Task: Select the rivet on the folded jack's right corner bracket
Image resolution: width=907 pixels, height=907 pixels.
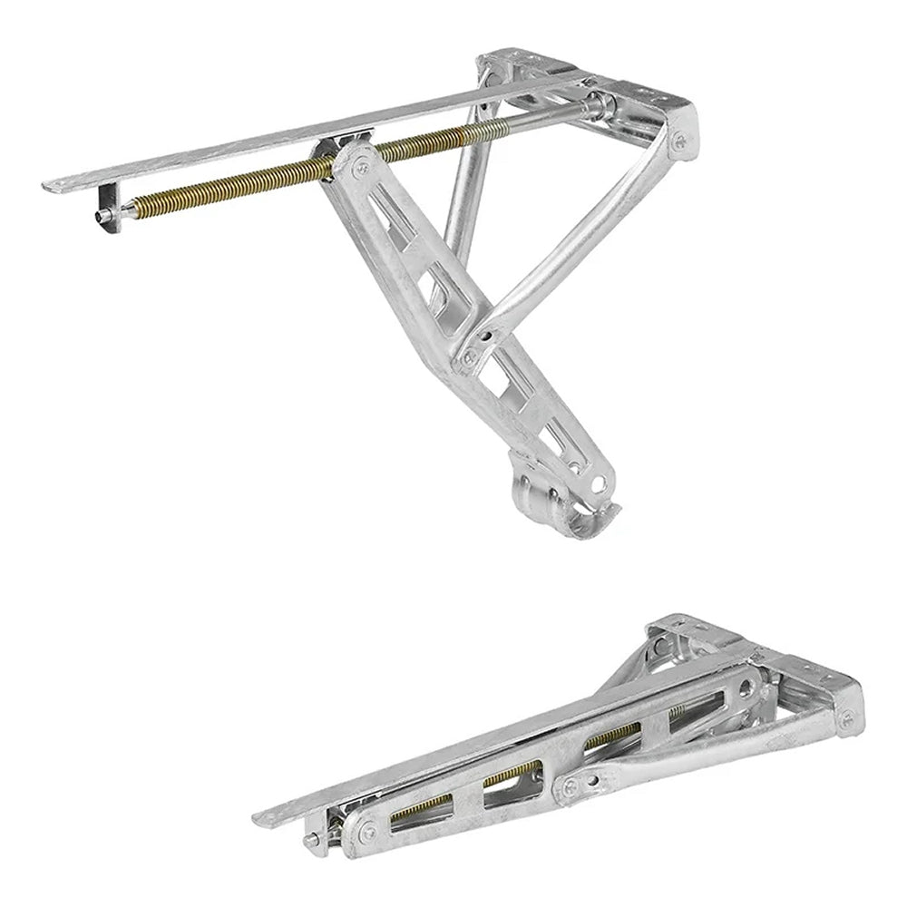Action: click(x=846, y=719)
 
